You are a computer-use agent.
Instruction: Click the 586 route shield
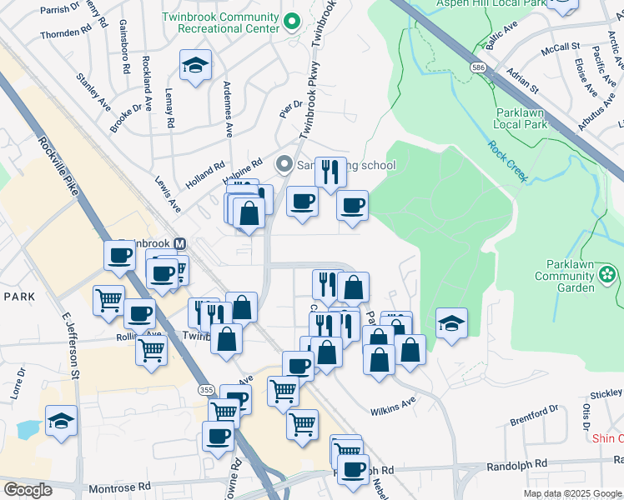pos(477,66)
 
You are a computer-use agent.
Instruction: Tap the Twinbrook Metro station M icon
pos(179,243)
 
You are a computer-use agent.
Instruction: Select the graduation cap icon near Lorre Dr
pos(62,422)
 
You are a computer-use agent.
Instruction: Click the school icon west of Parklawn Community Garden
pos(451,324)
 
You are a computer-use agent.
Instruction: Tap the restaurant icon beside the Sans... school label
pos(330,172)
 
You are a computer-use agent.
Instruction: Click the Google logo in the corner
pos(28,490)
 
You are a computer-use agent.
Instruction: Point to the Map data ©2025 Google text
pos(572,493)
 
